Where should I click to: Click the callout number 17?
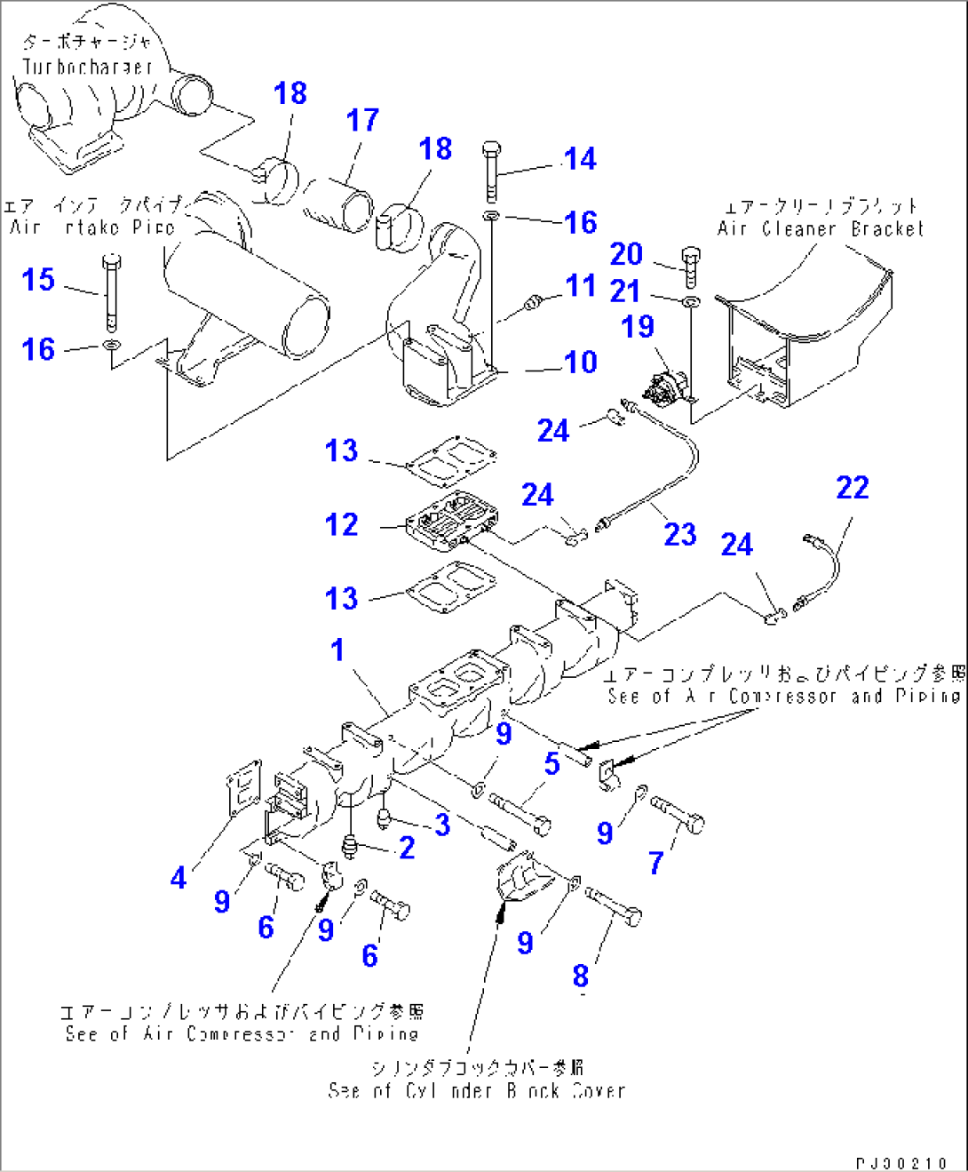pyautogui.click(x=362, y=120)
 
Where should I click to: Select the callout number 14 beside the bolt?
pyautogui.click(x=580, y=159)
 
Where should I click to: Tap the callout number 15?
pyautogui.click(x=38, y=280)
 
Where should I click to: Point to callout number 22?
pyautogui.click(x=852, y=487)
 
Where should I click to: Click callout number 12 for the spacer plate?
pyautogui.click(x=342, y=524)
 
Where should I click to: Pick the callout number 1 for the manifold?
pyautogui.click(x=337, y=650)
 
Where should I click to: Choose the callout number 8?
pyautogui.click(x=580, y=976)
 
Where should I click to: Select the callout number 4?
pyautogui.click(x=179, y=878)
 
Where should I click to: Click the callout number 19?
pyautogui.click(x=638, y=326)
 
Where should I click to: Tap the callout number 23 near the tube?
pyautogui.click(x=680, y=534)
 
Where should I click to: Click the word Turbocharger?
pyautogui.click(x=87, y=67)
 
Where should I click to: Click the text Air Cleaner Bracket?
pyautogui.click(x=820, y=228)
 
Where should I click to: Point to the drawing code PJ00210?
pyautogui.click(x=901, y=1163)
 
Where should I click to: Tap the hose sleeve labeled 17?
pyautogui.click(x=337, y=204)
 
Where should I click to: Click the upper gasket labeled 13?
pyautogui.click(x=450, y=462)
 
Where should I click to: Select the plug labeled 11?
pyautogui.click(x=533, y=303)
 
